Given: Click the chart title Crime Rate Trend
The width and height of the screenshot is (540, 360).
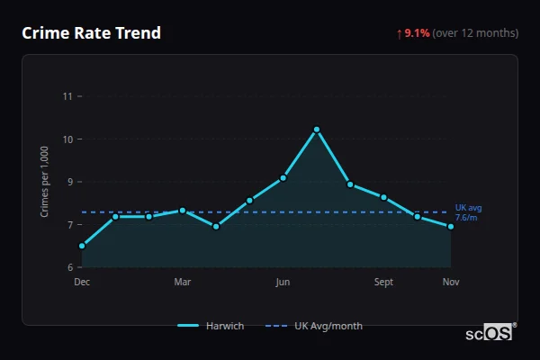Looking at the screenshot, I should click(x=91, y=33).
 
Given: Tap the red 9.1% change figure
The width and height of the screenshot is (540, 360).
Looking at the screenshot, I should click(x=417, y=33).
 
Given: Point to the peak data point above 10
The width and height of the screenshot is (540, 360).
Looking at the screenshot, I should click(x=317, y=130).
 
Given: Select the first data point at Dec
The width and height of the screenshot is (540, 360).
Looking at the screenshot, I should click(x=82, y=246).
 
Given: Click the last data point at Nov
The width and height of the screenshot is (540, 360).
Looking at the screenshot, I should click(x=451, y=227).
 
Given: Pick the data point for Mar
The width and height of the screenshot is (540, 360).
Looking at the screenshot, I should click(x=183, y=211).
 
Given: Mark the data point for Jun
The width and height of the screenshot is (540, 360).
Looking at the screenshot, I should click(x=283, y=178).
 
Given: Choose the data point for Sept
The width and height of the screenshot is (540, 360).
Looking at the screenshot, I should click(x=384, y=197).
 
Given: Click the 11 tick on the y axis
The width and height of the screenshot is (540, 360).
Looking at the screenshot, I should click(x=67, y=96).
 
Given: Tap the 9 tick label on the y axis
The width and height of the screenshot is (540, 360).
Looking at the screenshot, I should click(x=68, y=182).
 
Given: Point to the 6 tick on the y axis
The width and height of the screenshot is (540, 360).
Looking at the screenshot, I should click(x=68, y=267).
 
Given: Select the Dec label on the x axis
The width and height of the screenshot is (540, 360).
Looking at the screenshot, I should click(x=82, y=282).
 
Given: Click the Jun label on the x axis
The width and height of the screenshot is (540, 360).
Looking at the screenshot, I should click(x=283, y=282).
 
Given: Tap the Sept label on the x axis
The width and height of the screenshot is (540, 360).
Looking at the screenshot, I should click(x=384, y=282).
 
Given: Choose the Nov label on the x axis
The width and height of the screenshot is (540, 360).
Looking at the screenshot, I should click(x=451, y=282).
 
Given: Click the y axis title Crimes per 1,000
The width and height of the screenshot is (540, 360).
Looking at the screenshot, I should click(x=45, y=183).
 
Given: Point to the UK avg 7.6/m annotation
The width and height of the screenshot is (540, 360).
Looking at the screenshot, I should click(x=468, y=211).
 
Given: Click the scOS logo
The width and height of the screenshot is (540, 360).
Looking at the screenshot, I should click(x=490, y=332).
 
